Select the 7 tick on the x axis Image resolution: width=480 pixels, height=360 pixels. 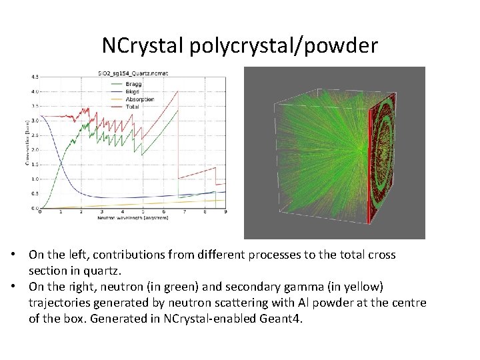coord(184,213)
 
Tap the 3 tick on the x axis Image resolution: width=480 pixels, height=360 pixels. coord(101,213)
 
